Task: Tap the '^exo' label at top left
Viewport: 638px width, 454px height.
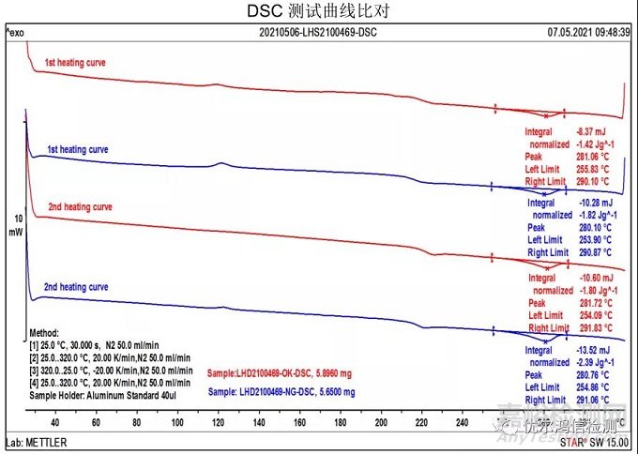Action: point(16,32)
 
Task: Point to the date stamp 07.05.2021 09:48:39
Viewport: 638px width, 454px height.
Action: point(589,32)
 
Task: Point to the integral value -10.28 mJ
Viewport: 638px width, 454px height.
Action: point(593,203)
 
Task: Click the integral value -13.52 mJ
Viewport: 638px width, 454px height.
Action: point(593,349)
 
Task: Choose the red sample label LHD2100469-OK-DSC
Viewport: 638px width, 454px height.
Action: point(281,373)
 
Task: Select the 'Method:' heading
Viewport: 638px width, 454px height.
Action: point(44,333)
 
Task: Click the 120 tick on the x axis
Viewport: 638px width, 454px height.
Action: point(218,423)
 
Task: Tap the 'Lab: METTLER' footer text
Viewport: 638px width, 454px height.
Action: point(32,440)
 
